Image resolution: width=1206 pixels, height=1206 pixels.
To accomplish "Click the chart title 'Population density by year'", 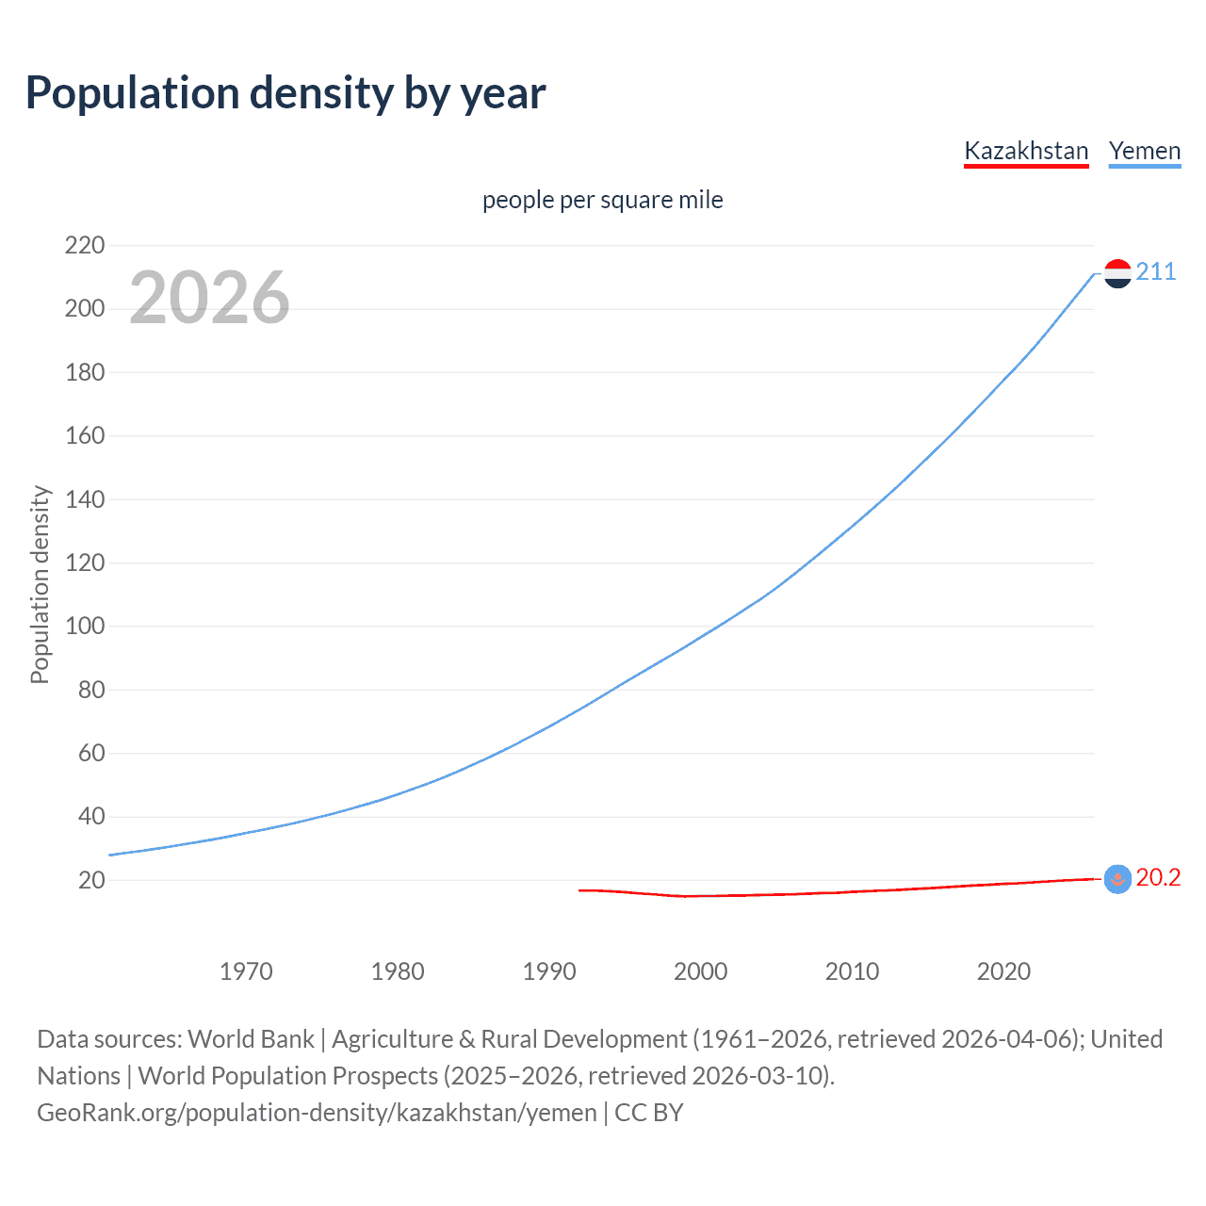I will pyautogui.click(x=285, y=92).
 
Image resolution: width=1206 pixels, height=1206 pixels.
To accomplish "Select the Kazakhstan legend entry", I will pyautogui.click(x=1026, y=151).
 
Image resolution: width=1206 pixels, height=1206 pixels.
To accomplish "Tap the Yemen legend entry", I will pyautogui.click(x=1145, y=151).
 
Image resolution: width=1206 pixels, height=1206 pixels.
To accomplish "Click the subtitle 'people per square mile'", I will pyautogui.click(x=602, y=200).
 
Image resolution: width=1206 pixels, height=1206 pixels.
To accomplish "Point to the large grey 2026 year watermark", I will pyautogui.click(x=209, y=298).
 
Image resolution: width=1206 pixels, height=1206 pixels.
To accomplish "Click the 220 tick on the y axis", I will pyautogui.click(x=85, y=246).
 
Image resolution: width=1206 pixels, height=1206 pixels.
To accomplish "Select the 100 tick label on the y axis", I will pyautogui.click(x=85, y=627).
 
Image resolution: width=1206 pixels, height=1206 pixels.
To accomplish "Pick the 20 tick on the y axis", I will pyautogui.click(x=91, y=881).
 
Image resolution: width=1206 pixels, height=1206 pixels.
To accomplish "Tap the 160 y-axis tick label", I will pyautogui.click(x=85, y=436).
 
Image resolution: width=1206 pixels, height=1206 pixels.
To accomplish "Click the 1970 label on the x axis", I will pyautogui.click(x=246, y=971).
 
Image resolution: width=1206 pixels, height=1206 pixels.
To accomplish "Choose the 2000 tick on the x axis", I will pyautogui.click(x=700, y=971).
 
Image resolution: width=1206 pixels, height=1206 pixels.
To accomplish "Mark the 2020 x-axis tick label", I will pyautogui.click(x=1003, y=971).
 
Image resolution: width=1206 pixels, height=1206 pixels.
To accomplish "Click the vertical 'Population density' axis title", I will pyautogui.click(x=40, y=584).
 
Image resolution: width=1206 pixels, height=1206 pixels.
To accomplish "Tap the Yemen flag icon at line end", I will pyautogui.click(x=1117, y=273).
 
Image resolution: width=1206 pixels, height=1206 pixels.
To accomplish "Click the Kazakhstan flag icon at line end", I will pyautogui.click(x=1117, y=879).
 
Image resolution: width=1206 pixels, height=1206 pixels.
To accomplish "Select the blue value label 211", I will pyautogui.click(x=1156, y=272).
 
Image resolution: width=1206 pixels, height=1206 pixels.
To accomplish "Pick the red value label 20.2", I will pyautogui.click(x=1158, y=878).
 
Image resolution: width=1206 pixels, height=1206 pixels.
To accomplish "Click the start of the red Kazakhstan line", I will pyautogui.click(x=580, y=889).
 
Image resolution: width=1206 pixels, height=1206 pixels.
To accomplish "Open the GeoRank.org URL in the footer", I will pyautogui.click(x=317, y=1113).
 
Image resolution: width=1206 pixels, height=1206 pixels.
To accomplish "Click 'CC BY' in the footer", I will pyautogui.click(x=649, y=1113).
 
